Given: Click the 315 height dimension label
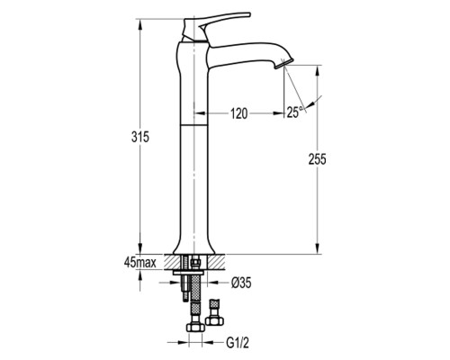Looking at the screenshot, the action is (140, 137).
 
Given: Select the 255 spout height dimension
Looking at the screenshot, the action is (317, 159).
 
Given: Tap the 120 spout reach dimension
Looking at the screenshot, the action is (239, 113).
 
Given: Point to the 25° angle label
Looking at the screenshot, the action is (295, 112).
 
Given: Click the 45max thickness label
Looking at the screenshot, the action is (140, 263).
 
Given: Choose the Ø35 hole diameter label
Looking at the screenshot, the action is (241, 283).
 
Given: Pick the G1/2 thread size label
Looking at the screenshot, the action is (238, 343).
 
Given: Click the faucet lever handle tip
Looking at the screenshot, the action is (248, 13).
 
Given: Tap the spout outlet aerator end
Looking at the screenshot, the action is (283, 63).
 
